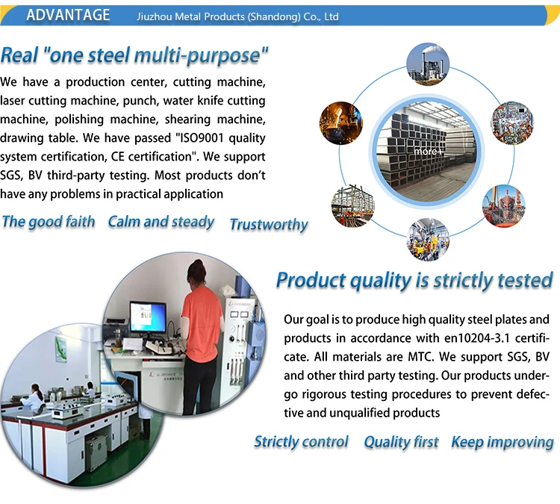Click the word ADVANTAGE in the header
[68, 16]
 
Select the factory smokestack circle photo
[428, 64]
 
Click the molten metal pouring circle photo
[340, 123]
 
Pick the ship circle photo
[504, 206]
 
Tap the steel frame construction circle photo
[353, 206]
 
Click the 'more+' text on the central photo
[429, 152]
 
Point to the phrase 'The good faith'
[49, 222]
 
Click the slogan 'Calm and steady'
[161, 223]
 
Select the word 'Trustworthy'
[269, 225]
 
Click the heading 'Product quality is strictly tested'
[414, 281]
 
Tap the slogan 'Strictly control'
[301, 442]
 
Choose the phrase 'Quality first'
[401, 442]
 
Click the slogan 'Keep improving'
[503, 443]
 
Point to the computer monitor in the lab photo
[148, 317]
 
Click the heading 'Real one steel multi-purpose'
[134, 56]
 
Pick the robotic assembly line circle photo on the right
[512, 123]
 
